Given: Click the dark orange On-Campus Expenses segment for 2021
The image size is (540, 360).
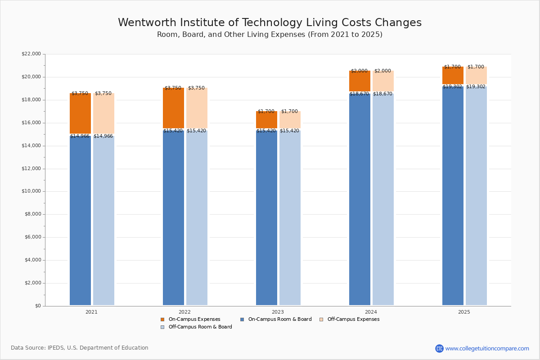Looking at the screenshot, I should coord(80,113).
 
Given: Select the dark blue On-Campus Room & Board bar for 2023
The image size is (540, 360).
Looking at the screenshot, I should coord(266,218).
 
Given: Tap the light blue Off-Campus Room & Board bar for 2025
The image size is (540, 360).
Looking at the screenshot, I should coord(476,196).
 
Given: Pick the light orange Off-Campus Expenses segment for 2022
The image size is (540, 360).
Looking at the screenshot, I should coord(197,108).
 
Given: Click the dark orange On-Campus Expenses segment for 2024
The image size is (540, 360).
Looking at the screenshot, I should coord(360,81).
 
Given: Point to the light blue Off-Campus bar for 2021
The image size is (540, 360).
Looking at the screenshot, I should coord(103,220).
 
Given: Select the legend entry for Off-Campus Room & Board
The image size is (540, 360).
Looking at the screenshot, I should coord(200,327).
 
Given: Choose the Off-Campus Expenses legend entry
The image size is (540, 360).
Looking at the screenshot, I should coord(353,319).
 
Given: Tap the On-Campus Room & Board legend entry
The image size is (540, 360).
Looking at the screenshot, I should coord(279,319).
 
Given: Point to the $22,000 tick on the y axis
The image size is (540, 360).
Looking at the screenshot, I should coord(31,54).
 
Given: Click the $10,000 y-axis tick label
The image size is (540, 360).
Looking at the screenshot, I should coord(31,191).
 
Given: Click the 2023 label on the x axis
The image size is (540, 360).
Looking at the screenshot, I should coord(278,312).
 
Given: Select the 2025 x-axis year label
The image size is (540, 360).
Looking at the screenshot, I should coord(464,312).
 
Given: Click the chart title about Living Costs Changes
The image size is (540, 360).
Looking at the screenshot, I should coord(270,23).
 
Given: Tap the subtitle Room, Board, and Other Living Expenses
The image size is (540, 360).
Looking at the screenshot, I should coord(270,35).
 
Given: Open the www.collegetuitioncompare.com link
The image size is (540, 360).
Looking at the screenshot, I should coord(487,348).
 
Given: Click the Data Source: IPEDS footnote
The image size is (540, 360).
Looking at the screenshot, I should coord(80,348).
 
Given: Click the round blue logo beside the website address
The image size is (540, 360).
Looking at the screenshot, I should coord(439,348).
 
